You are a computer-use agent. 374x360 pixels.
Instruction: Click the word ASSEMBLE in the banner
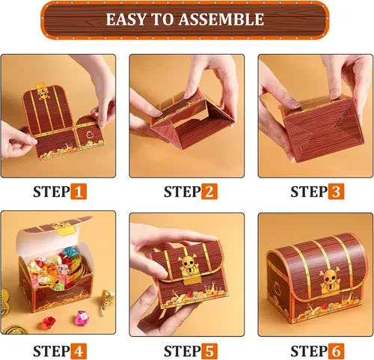(x=221, y=19)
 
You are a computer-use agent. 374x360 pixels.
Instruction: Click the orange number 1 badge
(x=79, y=192)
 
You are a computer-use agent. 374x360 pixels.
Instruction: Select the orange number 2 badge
(x=209, y=192)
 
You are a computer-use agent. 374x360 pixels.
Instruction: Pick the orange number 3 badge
(x=336, y=192)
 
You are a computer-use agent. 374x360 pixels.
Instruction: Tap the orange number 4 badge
(x=79, y=351)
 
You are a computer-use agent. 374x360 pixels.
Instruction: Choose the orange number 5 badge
(x=209, y=351)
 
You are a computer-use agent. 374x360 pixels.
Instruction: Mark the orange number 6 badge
(x=336, y=351)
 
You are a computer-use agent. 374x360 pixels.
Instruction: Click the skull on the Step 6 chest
(x=328, y=276)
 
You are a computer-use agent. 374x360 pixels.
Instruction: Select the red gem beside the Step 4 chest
(x=49, y=323)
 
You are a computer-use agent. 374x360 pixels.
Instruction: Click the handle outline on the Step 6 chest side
(x=278, y=287)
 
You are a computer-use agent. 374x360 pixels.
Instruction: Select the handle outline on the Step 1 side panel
(x=90, y=135)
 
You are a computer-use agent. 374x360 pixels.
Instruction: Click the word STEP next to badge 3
(x=309, y=192)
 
